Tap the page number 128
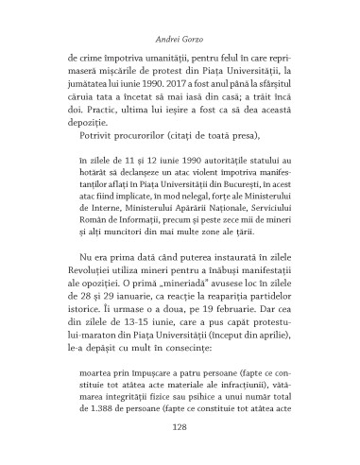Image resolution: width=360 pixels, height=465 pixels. coord(180,429)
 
